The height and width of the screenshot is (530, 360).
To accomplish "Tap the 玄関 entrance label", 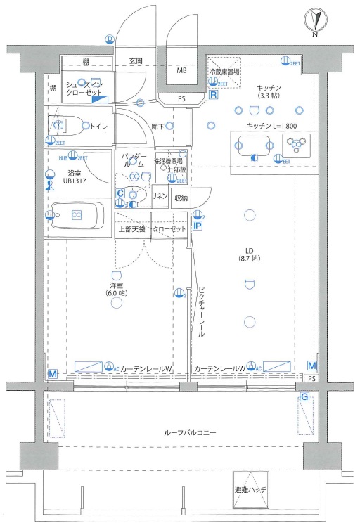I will [x=136, y=61].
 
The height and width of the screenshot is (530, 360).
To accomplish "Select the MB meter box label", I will [x=181, y=71].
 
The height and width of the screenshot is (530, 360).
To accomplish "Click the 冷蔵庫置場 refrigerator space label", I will [x=224, y=72].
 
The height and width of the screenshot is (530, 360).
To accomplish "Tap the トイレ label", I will [x=98, y=127].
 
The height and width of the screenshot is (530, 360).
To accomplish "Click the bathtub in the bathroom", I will [x=77, y=215].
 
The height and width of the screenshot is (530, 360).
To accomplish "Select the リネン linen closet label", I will [x=160, y=196].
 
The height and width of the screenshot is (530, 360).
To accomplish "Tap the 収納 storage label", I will [x=181, y=198].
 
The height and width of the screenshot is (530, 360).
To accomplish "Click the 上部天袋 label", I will [x=131, y=229].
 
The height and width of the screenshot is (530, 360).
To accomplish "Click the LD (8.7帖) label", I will [x=249, y=254].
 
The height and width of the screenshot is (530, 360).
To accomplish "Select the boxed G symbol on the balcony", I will [x=304, y=397].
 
